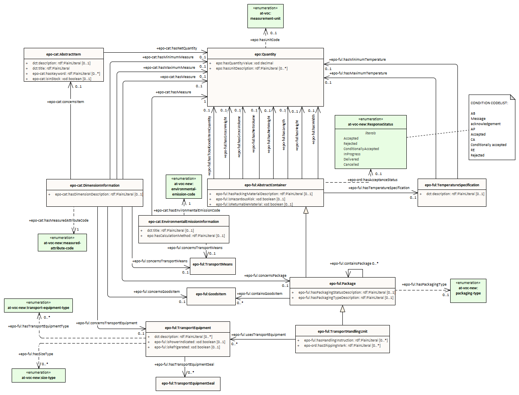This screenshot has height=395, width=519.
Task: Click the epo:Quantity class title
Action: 265,54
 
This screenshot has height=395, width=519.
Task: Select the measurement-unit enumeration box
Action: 265,16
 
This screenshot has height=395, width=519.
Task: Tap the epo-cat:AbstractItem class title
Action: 64,54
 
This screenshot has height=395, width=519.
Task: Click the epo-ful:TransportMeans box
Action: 212,265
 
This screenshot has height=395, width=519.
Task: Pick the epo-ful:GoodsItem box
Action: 211,294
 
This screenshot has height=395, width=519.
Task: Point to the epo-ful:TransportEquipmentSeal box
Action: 188,383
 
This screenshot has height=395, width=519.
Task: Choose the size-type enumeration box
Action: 39,375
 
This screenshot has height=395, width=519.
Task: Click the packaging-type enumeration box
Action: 468,290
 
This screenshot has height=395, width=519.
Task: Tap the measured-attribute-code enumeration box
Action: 62,243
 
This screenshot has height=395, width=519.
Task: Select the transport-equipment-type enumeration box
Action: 38,305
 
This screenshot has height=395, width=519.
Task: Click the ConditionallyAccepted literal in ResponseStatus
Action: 361,149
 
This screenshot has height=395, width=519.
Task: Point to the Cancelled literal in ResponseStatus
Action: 351,165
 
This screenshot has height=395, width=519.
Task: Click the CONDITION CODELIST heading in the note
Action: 489,103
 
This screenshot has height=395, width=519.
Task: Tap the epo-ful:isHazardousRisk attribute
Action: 250,199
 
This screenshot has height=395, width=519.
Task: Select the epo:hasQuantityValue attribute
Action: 244,63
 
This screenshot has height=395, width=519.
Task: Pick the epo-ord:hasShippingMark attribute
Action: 342,346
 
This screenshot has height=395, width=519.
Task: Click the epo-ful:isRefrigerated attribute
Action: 187,347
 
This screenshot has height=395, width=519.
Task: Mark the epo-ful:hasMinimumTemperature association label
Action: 357,60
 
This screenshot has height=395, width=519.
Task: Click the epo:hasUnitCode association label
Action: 265,40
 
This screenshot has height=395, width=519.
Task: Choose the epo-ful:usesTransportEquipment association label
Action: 258,335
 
